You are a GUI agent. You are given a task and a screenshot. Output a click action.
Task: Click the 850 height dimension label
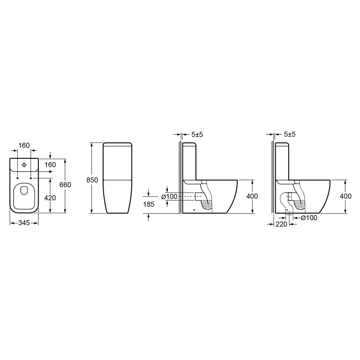92,180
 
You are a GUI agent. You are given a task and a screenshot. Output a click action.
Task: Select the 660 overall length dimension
65,185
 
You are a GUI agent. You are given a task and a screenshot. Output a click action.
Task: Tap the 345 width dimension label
24,223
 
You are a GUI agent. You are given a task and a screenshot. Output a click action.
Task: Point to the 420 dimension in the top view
50,198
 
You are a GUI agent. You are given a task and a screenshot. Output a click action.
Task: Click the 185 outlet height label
149,204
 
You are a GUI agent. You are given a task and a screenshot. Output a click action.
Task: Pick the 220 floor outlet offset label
281,224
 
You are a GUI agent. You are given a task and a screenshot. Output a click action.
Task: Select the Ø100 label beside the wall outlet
170,197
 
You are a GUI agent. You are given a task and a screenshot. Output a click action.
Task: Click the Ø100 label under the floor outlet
309,218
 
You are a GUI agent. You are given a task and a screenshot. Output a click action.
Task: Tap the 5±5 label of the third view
197,134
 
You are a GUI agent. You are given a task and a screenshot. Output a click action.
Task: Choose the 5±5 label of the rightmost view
290,134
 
